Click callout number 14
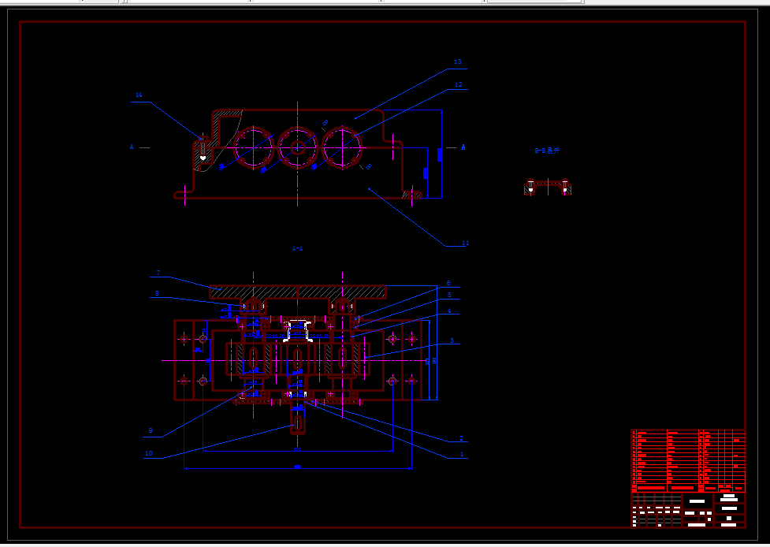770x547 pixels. point(139,95)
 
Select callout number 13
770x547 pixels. point(458,61)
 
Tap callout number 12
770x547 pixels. point(458,84)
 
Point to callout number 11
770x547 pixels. point(465,244)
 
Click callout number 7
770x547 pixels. point(158,273)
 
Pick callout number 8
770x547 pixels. point(157,293)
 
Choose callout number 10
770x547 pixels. point(148,453)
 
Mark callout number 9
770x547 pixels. point(150,430)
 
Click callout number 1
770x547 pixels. point(461,454)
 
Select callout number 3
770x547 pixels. point(452,340)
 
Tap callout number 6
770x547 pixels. point(448,282)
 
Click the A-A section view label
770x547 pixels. point(298,248)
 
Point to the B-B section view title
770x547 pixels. point(546,150)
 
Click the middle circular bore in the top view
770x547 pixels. point(297,147)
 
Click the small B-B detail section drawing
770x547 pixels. point(548,188)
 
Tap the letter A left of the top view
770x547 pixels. point(132,147)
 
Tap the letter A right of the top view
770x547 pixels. point(463,147)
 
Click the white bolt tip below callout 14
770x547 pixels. point(203,158)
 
